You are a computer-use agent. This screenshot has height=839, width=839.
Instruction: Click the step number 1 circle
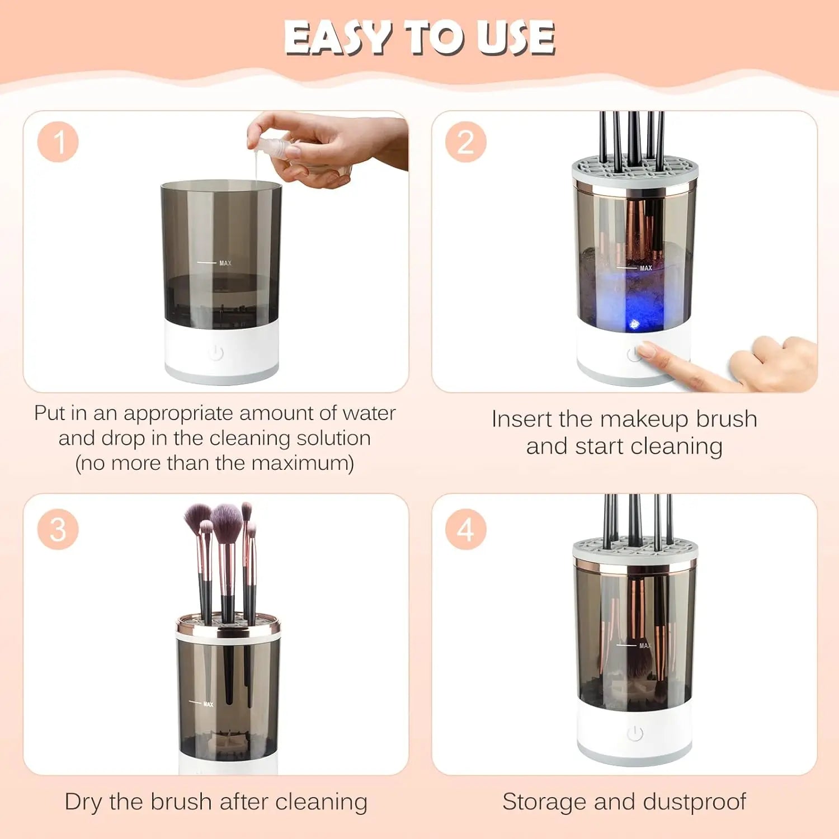pyautogui.click(x=58, y=142)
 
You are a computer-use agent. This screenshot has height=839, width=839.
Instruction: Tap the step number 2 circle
pyautogui.click(x=466, y=142)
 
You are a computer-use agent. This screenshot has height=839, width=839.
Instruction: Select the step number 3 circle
pyautogui.click(x=58, y=529)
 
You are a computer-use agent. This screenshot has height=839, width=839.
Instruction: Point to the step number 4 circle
pyautogui.click(x=466, y=529)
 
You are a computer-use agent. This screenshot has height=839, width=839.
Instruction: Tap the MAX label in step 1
pyautogui.click(x=225, y=263)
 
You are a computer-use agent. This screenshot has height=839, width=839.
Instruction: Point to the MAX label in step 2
pyautogui.click(x=645, y=268)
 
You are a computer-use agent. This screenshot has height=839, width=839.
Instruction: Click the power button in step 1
pyautogui.click(x=216, y=353)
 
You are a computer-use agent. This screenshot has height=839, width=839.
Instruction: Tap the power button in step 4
pyautogui.click(x=635, y=733)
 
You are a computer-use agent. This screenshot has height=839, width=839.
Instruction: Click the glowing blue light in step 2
pyautogui.click(x=634, y=324)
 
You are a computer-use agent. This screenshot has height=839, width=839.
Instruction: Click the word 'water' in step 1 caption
pyautogui.click(x=369, y=413)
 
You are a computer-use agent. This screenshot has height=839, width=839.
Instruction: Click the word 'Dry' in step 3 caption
pyautogui.click(x=83, y=802)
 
